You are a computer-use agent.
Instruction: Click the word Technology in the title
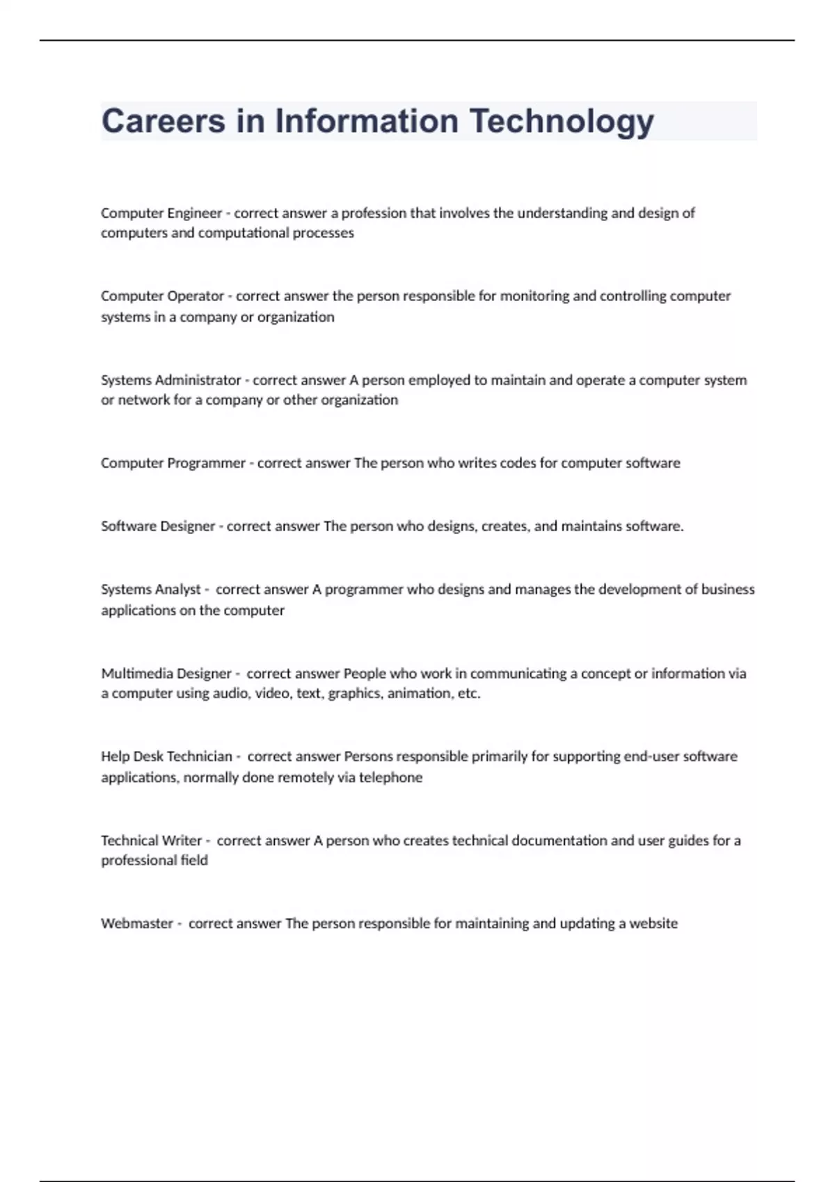pos(562,122)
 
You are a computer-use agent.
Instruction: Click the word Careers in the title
pos(164,122)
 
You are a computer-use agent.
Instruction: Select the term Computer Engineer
pos(161,213)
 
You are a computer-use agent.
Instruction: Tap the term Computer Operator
pos(162,296)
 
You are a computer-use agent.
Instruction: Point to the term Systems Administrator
pos(170,380)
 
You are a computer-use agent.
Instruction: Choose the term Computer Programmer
pos(173,463)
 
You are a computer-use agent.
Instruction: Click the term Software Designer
pos(158,526)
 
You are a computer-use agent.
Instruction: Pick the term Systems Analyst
pos(151,590)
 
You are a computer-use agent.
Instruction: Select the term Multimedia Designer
pos(166,674)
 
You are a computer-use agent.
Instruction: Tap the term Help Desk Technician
pos(166,756)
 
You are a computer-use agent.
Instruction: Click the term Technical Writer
pos(152,841)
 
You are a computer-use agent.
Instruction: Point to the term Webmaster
pos(137,924)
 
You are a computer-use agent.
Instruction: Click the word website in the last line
pos(653,924)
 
